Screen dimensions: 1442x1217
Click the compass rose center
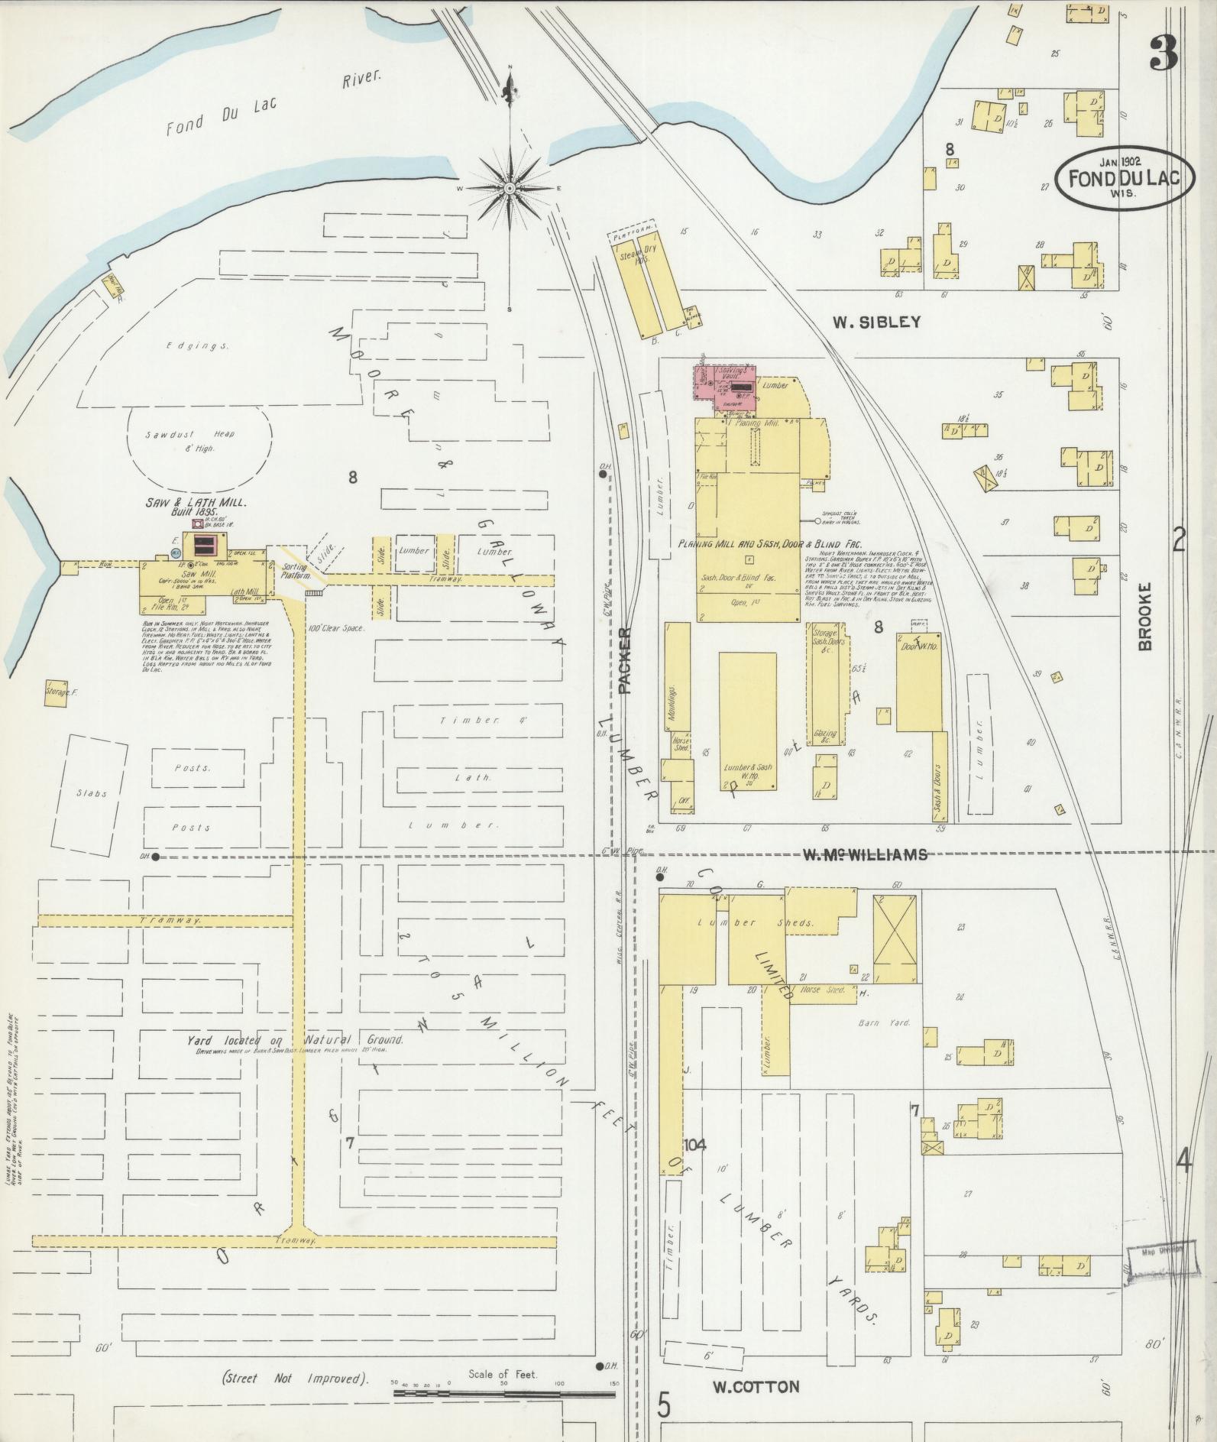coord(510,188)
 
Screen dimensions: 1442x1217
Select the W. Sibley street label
coord(876,322)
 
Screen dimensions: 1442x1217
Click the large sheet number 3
coord(1163,53)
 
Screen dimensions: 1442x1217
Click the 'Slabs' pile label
coord(92,793)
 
